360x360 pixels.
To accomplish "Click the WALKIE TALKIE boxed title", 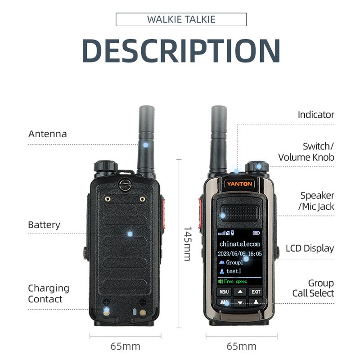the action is [181, 19].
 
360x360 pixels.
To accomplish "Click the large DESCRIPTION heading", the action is [181, 51].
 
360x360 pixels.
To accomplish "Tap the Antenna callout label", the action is [48, 134].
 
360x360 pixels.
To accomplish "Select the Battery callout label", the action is [44, 225].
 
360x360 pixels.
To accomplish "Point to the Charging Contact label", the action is [49, 294].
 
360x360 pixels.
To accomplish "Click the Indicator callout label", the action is [316, 115].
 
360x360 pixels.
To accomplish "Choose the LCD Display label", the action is [310, 248].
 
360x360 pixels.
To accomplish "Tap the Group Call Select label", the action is [313, 288].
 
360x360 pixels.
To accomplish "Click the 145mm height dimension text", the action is [188, 244].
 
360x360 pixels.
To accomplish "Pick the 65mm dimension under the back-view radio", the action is [126, 346].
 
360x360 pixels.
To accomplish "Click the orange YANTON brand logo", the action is [239, 184].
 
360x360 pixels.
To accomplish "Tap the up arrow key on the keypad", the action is [240, 292].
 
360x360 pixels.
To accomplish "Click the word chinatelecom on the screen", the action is [239, 244].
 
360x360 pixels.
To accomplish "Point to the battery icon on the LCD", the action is [256, 233].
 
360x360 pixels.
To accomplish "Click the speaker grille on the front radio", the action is [240, 212].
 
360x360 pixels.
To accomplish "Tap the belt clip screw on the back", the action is [125, 185].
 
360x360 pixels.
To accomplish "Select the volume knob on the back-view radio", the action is [106, 166].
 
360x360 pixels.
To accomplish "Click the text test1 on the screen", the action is [234, 271].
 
